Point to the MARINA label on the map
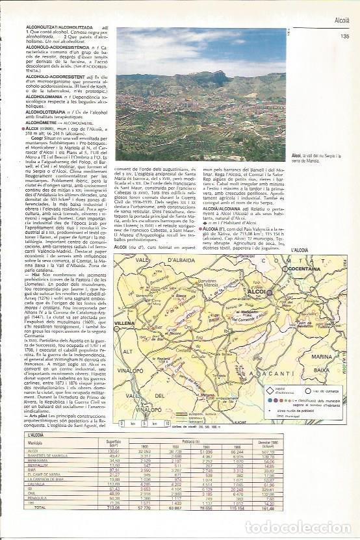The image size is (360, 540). (x=322, y=356)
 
